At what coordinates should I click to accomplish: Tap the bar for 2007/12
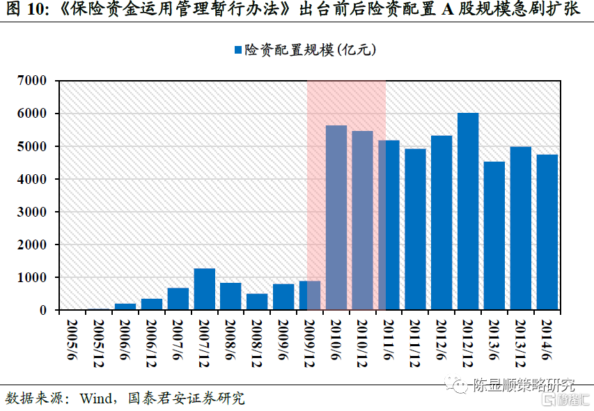coord(204,289)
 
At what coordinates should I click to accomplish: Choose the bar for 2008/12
coord(257,302)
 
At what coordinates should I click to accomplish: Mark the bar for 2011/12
coord(415,229)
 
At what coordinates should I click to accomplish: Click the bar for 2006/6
coord(125,307)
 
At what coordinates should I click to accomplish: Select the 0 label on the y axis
coord(42,310)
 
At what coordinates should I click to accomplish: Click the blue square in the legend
coord(237,50)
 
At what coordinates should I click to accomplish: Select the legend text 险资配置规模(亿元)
coord(310,50)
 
